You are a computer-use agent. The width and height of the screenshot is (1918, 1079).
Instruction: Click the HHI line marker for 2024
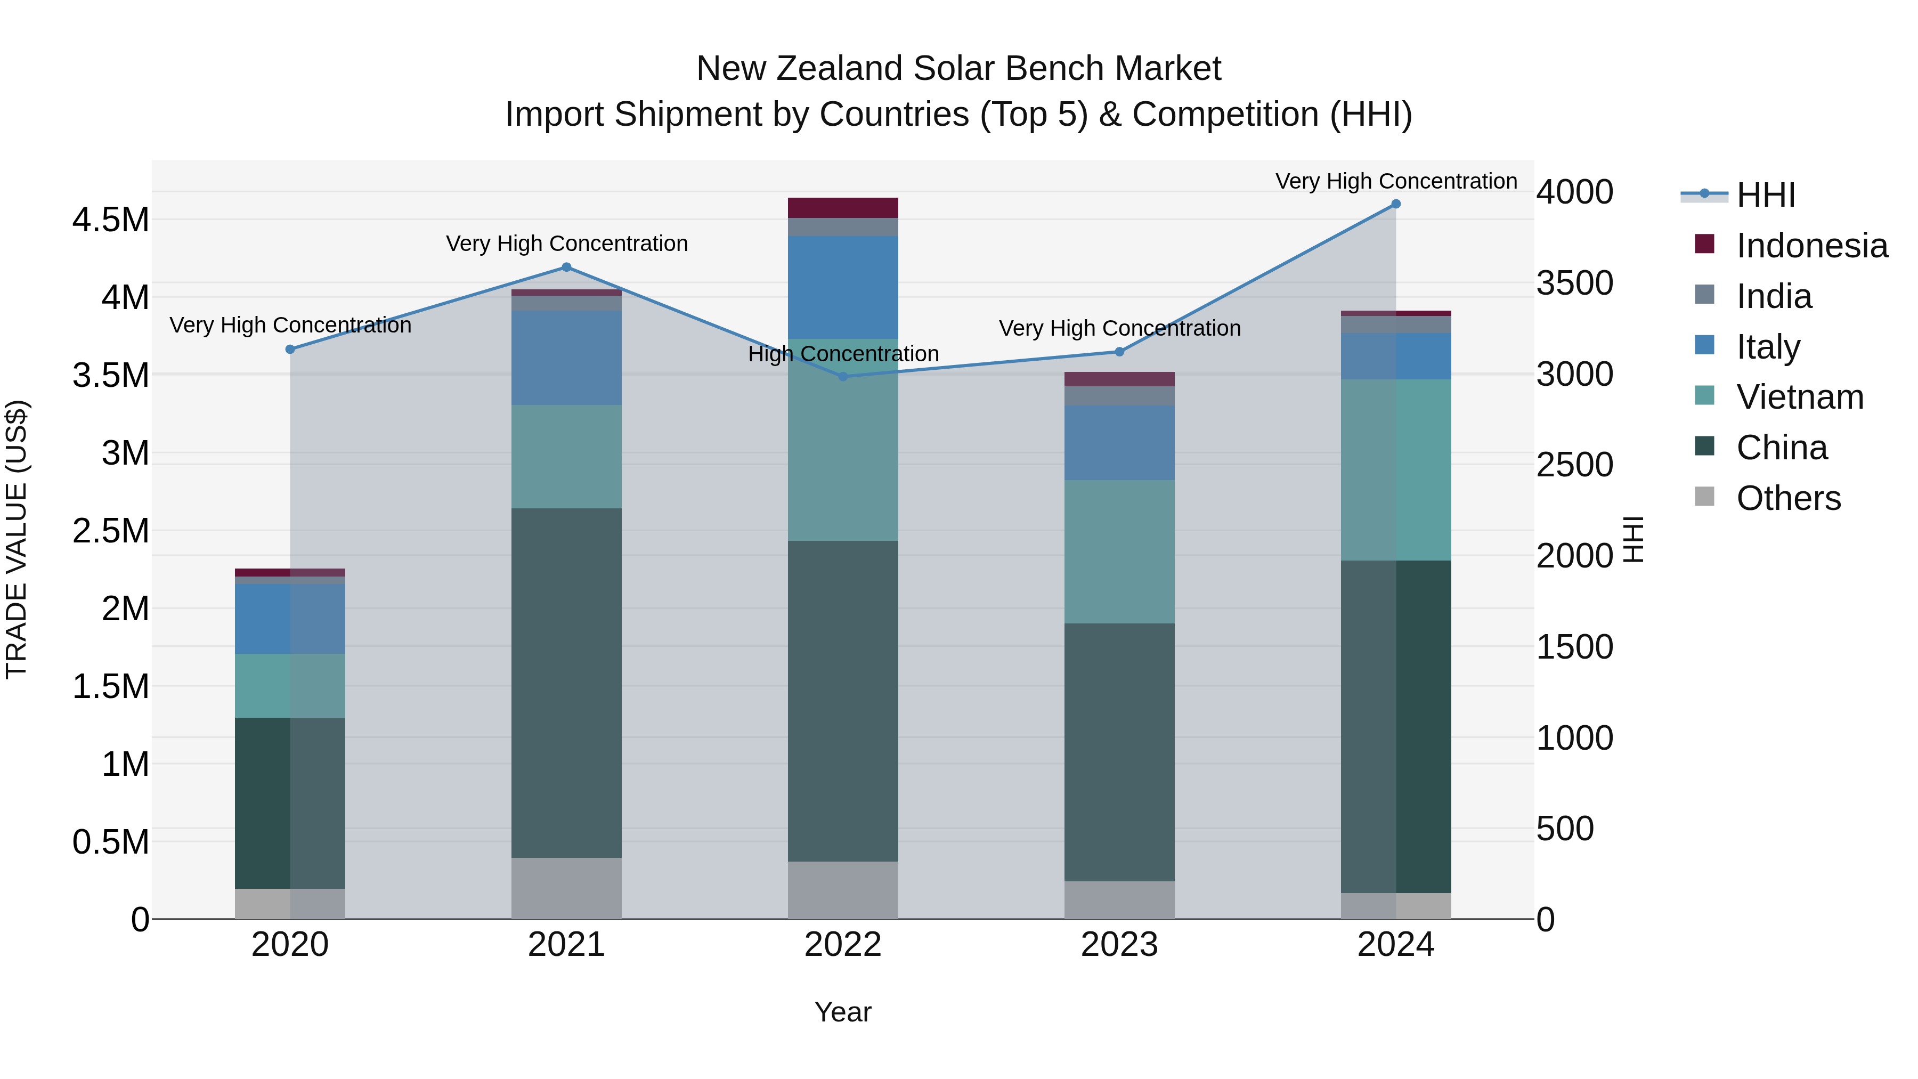1395,204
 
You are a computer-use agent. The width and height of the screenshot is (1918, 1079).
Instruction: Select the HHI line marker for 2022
843,377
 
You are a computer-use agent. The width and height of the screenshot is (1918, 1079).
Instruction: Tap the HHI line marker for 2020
290,349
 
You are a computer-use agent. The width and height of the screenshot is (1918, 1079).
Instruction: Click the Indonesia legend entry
1811,246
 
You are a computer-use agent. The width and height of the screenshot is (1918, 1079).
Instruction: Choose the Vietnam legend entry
1800,397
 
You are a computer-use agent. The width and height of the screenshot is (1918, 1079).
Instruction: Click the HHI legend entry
1766,195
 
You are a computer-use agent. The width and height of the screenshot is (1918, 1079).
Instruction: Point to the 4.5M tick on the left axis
110,221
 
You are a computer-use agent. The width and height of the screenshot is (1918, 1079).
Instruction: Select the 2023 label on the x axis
1119,945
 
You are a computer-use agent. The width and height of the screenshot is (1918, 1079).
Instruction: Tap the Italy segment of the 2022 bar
843,287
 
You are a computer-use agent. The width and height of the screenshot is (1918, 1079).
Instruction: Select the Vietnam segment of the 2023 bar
1119,552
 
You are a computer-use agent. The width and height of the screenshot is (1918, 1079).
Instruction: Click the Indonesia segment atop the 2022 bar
843,208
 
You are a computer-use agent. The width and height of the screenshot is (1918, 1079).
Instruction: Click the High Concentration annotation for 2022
843,354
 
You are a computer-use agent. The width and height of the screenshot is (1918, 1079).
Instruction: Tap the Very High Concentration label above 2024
1395,181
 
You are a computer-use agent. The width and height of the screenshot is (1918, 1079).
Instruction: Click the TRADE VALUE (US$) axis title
17,539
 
